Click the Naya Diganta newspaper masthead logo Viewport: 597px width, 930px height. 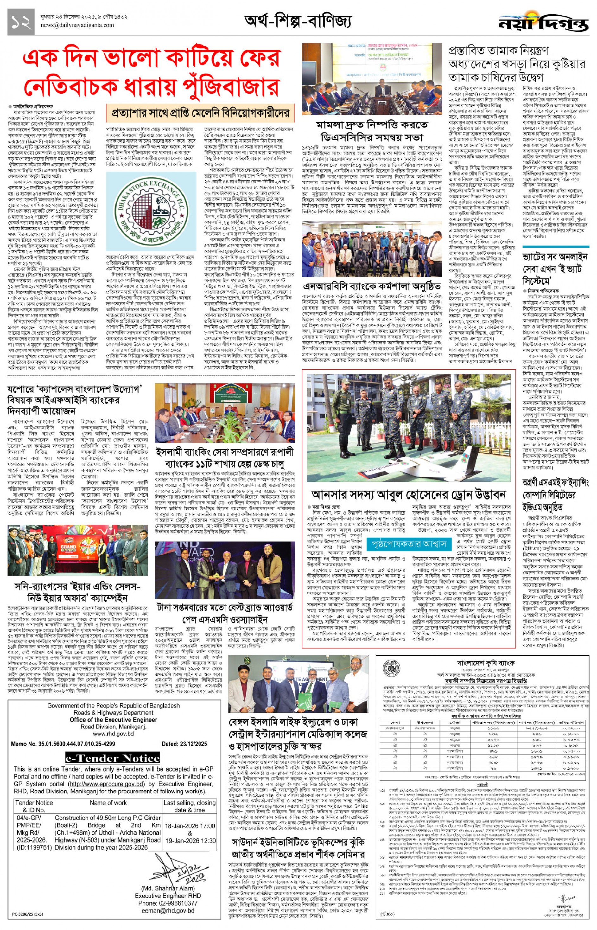tap(543, 23)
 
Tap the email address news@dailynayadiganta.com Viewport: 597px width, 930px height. tap(77, 25)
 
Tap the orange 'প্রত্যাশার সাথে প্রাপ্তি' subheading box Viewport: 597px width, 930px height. tap(200, 114)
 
